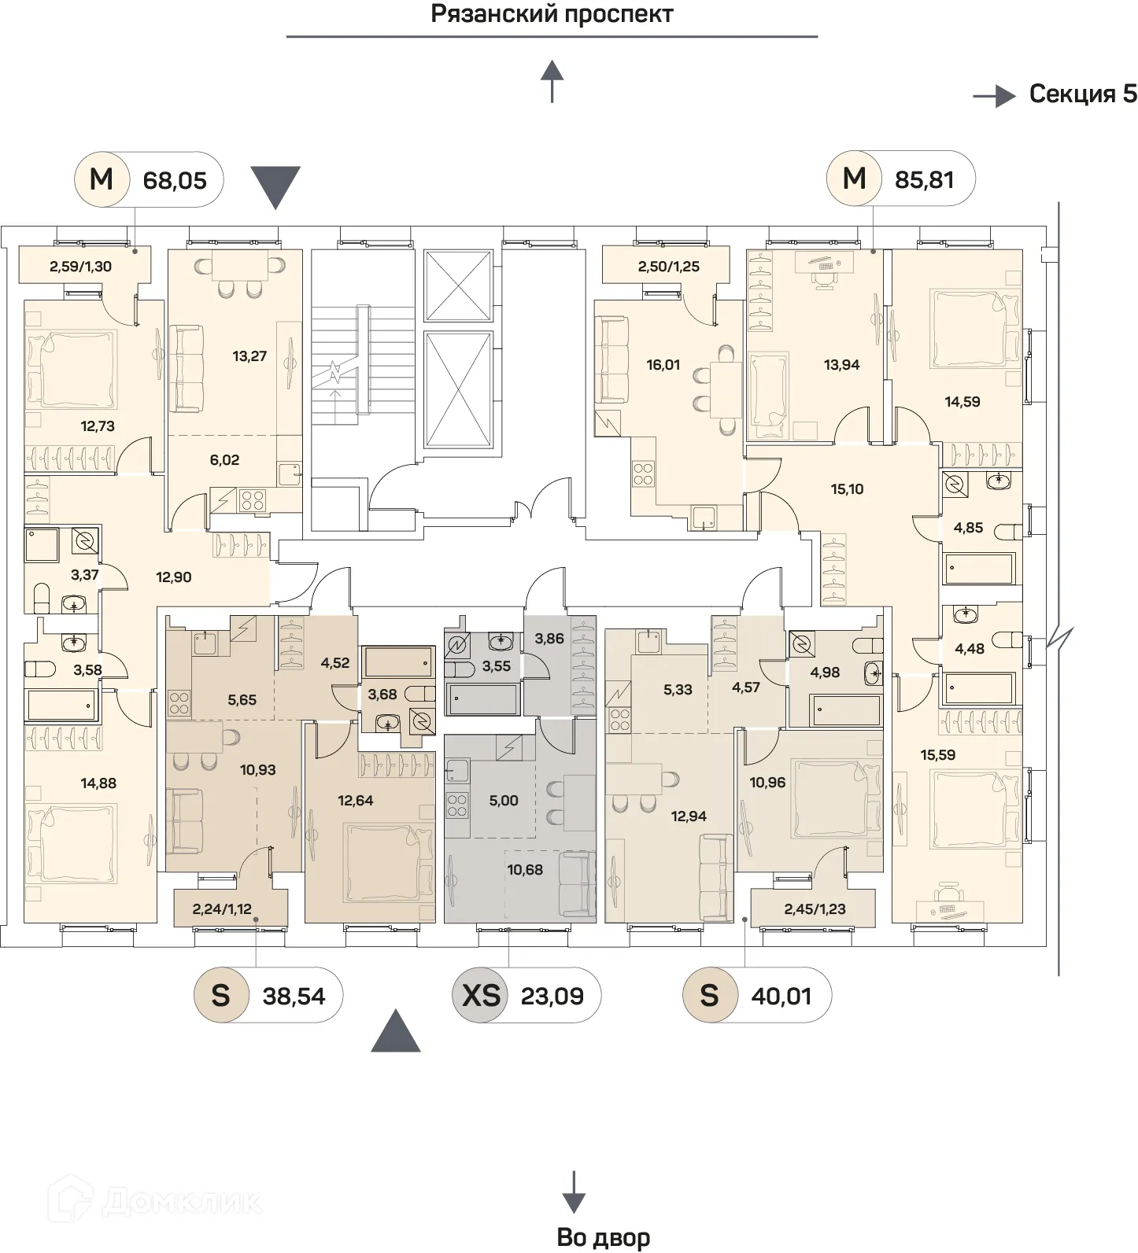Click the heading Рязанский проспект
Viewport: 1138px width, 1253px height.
(552, 14)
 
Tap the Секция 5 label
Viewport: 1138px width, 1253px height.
(1083, 94)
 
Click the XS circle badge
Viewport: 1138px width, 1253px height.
(481, 996)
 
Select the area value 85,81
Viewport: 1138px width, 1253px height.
(924, 179)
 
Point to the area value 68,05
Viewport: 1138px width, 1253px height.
(175, 180)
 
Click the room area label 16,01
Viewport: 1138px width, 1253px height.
(663, 365)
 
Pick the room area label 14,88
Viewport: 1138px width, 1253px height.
(98, 783)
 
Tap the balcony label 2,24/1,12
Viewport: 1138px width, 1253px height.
(222, 909)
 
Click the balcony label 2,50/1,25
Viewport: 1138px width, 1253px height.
(668, 266)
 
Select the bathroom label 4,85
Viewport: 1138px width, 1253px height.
(968, 528)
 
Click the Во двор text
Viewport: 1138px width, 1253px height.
(603, 1237)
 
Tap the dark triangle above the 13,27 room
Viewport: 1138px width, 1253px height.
(275, 186)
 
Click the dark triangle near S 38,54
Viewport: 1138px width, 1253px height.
(396, 1031)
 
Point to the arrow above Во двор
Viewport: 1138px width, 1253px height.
(574, 1192)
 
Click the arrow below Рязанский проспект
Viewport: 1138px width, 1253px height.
(552, 82)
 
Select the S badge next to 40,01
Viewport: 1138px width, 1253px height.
(709, 996)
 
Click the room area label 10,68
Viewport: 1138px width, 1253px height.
(525, 869)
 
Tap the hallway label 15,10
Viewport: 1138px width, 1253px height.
(847, 488)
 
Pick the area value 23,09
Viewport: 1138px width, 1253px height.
(552, 997)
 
